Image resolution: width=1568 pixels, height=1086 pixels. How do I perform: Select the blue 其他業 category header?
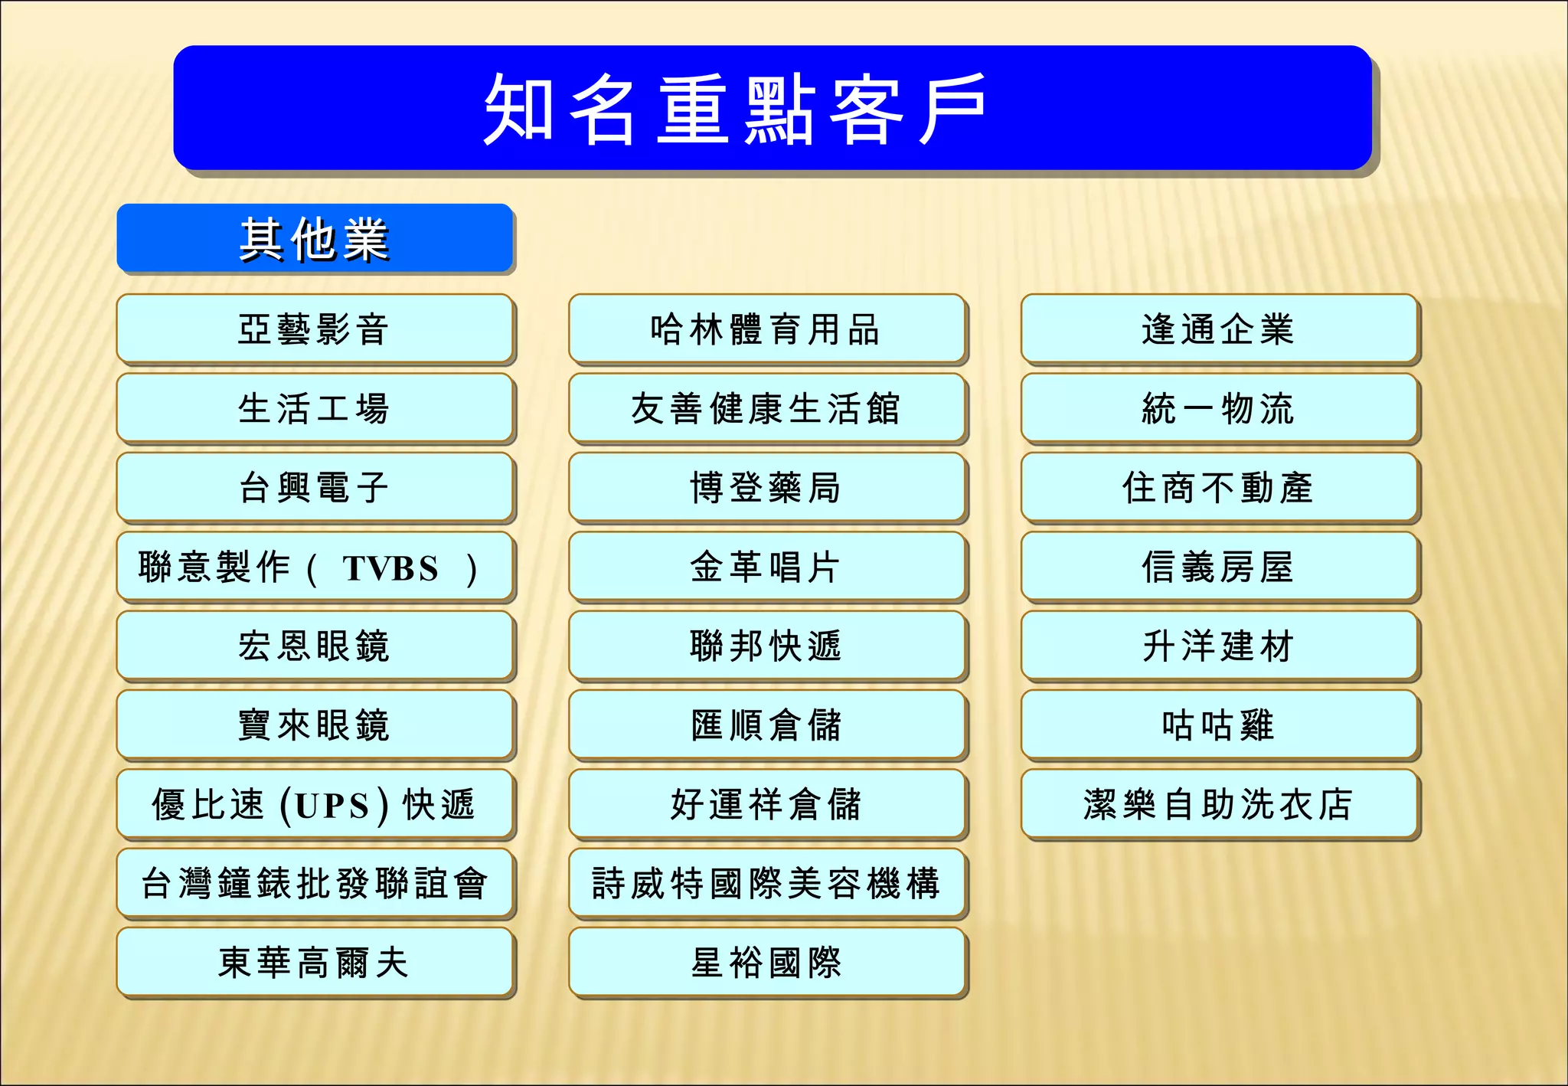(x=315, y=238)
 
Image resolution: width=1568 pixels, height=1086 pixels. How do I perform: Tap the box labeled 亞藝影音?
(x=315, y=329)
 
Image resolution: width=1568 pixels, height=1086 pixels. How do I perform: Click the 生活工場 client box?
(x=315, y=408)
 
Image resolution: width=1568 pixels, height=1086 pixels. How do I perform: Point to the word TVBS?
(x=390, y=568)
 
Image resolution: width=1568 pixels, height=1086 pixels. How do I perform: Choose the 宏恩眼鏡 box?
(x=315, y=646)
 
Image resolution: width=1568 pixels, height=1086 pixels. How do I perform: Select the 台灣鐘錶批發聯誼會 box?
(x=315, y=883)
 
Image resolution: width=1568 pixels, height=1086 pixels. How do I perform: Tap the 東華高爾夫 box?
(x=315, y=963)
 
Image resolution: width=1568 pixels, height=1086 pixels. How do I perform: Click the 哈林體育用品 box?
(x=767, y=329)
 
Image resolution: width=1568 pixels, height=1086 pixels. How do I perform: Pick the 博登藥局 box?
(x=767, y=488)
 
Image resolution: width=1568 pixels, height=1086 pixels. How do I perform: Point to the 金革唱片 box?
(x=767, y=567)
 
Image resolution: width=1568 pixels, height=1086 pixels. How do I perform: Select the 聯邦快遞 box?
(x=767, y=646)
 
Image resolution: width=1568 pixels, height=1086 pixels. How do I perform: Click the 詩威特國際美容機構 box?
(x=767, y=883)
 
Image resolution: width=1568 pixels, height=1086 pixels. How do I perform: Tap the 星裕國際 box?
(x=767, y=963)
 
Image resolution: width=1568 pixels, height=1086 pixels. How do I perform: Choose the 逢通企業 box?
(x=1220, y=329)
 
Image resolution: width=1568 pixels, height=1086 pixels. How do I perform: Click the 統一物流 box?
(x=1220, y=408)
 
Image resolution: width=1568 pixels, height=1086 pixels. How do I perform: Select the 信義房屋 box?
(x=1220, y=567)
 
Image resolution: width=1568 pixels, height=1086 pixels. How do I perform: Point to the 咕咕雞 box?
(x=1220, y=725)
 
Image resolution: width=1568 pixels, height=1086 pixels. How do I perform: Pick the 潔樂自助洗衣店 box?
(x=1220, y=804)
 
